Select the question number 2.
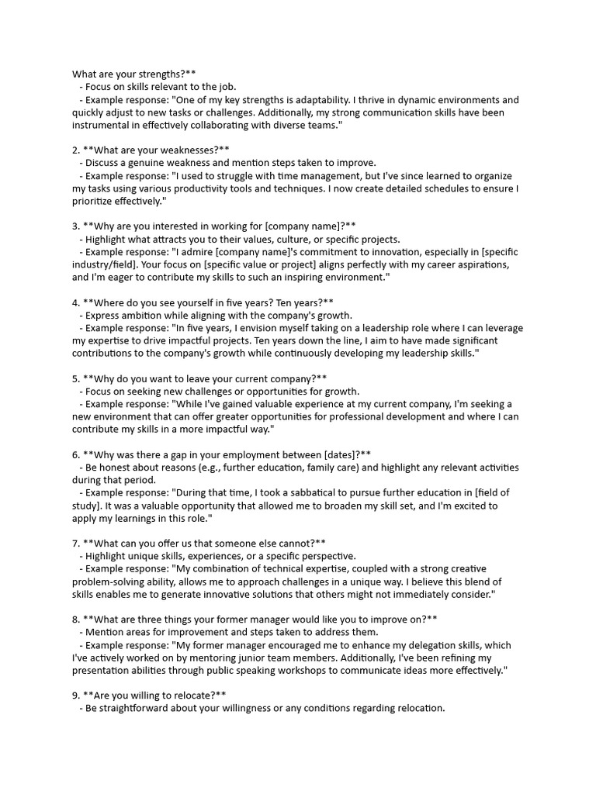(x=75, y=150)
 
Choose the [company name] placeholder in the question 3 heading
(x=301, y=226)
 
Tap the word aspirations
(x=482, y=264)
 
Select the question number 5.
(x=75, y=378)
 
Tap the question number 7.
(x=75, y=543)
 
